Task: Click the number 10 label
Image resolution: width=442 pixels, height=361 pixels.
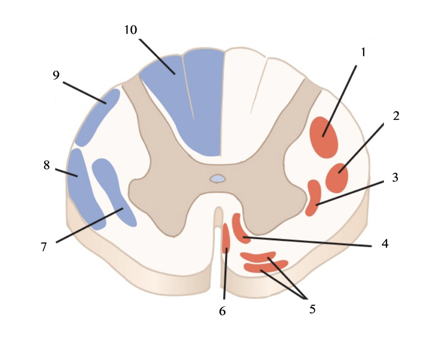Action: [131, 30]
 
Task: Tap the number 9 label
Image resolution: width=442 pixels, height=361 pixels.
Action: [56, 76]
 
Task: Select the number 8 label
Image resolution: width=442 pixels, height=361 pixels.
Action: [46, 165]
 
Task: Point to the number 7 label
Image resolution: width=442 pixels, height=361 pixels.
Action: [44, 247]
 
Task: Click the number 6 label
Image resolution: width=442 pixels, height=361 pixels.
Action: [222, 311]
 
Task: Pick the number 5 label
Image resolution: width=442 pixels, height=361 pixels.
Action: [312, 309]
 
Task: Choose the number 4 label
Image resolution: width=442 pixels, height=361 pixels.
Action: [385, 243]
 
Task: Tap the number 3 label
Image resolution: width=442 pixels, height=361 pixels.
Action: [395, 178]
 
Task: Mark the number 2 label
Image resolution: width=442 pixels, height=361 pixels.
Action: [396, 116]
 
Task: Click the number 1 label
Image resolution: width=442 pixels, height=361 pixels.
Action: [363, 52]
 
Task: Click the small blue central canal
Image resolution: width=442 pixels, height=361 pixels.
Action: [218, 179]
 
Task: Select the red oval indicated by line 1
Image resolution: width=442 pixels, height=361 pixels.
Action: [324, 137]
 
